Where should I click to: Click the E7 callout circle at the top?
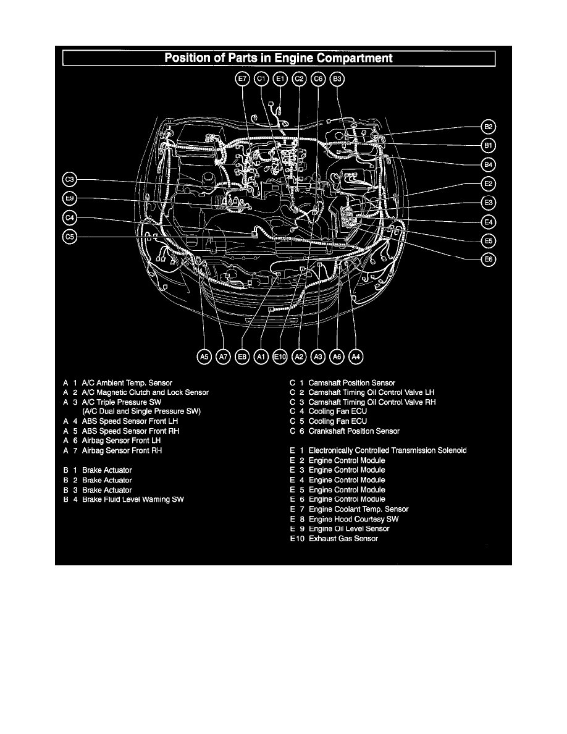tap(242, 78)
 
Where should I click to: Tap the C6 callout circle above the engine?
tap(318, 78)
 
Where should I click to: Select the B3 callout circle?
tap(337, 78)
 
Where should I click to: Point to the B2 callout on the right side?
tap(489, 127)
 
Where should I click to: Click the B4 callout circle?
tap(489, 165)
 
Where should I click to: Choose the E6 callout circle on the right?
tap(489, 259)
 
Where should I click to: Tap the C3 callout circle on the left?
tap(69, 179)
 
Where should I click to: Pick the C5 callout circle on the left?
tap(69, 237)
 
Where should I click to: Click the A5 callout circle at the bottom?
tap(204, 356)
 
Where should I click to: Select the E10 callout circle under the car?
tap(280, 356)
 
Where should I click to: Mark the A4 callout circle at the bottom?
tap(356, 356)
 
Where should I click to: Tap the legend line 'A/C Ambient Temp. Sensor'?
tap(127, 383)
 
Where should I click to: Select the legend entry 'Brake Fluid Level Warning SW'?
tap(133, 499)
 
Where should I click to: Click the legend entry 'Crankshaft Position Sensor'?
tap(354, 431)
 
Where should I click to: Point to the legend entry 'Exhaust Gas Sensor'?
tap(343, 539)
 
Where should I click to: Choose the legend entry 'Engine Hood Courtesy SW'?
tap(354, 519)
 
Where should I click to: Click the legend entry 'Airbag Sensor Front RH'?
tap(122, 451)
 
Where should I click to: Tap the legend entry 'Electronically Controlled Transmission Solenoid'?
tap(387, 451)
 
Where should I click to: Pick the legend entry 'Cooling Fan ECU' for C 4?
tap(338, 411)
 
